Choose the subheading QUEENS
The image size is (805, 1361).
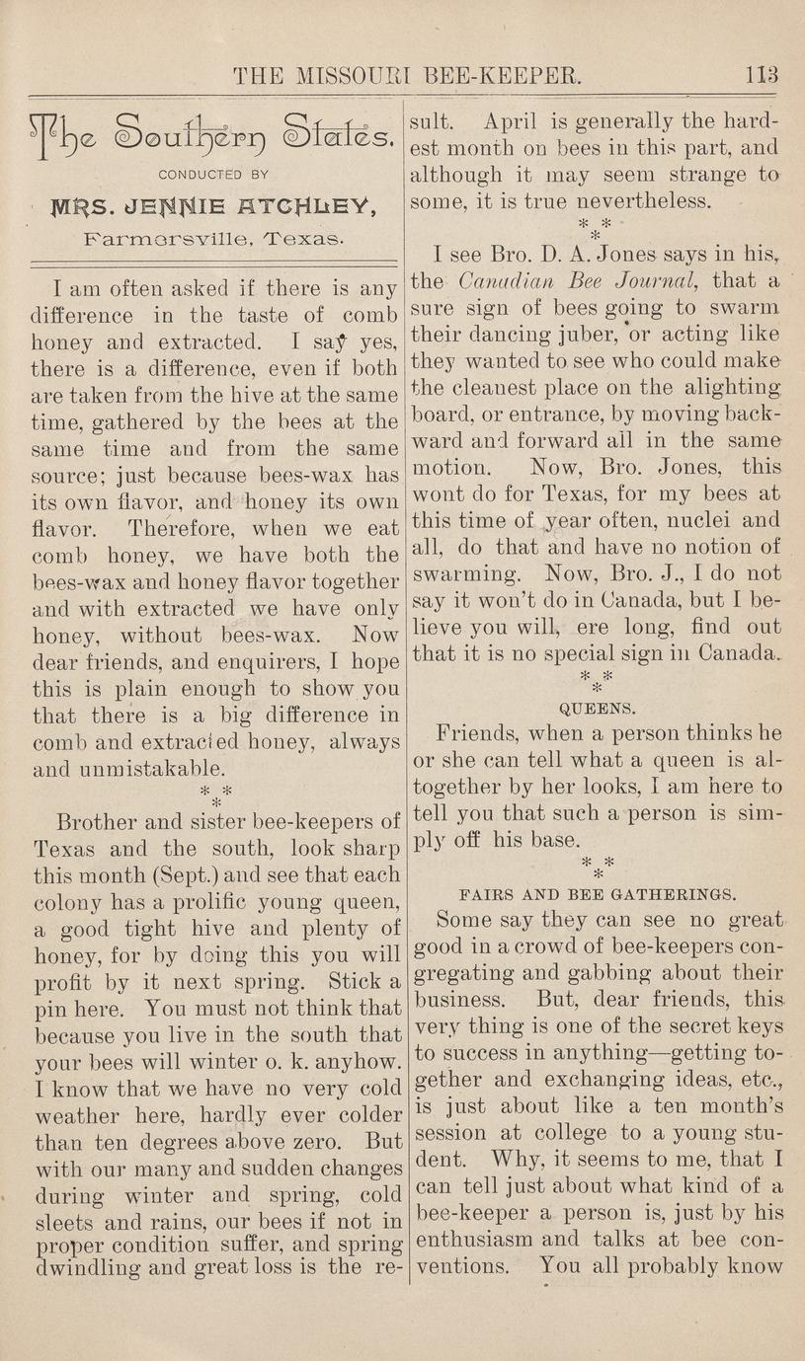(x=598, y=708)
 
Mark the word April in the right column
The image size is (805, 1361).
(x=514, y=122)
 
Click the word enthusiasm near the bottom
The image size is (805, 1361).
(x=473, y=1239)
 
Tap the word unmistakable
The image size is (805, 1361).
(x=147, y=767)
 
